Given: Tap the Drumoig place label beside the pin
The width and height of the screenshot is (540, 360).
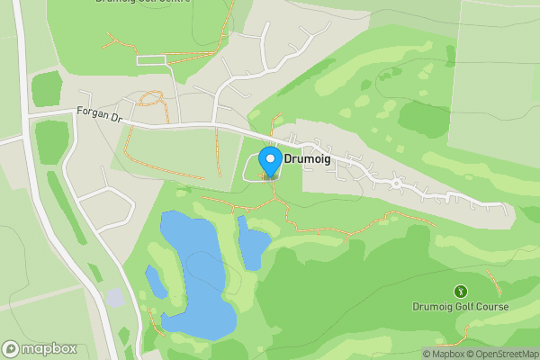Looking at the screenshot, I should [309, 157].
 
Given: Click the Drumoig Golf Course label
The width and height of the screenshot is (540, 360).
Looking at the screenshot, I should [461, 307].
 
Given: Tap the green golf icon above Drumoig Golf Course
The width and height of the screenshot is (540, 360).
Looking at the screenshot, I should [461, 292].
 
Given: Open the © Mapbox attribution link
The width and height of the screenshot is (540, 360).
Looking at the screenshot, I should [445, 354].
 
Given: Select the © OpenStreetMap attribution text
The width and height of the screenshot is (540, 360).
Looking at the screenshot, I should [502, 354].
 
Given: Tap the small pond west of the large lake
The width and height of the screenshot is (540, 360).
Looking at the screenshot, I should [156, 283].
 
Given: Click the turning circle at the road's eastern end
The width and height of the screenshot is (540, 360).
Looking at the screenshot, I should [395, 184].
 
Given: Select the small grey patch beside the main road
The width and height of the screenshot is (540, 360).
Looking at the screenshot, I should [115, 297].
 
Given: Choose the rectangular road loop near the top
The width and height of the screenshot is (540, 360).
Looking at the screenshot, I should [152, 60].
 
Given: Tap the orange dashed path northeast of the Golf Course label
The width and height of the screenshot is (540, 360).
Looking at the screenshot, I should [494, 282].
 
